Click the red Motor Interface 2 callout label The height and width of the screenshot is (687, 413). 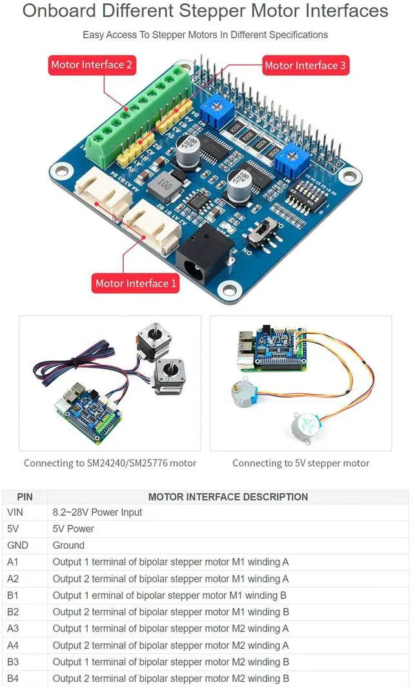click(x=91, y=65)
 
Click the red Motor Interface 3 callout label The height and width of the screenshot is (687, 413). click(x=305, y=65)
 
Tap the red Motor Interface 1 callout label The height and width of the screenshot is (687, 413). click(x=136, y=283)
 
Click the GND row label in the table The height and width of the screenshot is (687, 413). click(x=18, y=545)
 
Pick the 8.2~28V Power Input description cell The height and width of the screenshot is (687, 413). click(x=97, y=512)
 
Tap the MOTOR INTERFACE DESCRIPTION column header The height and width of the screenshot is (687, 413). click(x=228, y=497)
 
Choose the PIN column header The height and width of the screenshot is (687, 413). click(x=25, y=497)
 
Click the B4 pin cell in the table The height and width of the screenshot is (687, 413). click(x=13, y=678)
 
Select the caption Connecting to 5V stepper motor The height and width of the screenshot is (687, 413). click(x=301, y=463)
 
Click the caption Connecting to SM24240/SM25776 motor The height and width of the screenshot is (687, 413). click(x=110, y=463)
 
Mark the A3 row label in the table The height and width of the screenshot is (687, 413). click(x=13, y=628)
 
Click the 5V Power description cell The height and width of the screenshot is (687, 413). click(x=74, y=529)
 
